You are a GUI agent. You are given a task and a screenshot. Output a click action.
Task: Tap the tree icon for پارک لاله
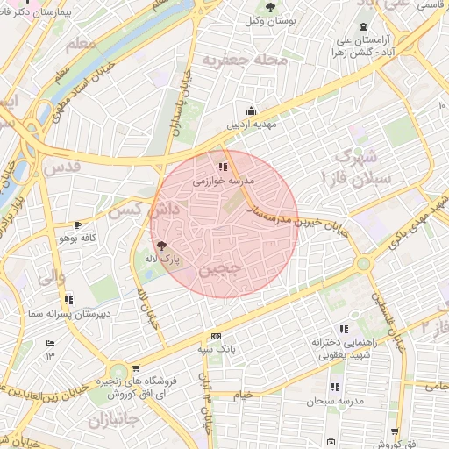coord(160,246)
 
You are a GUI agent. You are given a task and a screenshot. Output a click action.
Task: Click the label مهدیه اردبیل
coord(252,124)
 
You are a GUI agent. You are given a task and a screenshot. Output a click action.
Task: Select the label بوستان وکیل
coord(268,19)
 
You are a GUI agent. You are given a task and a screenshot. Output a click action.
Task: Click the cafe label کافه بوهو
coord(76,238)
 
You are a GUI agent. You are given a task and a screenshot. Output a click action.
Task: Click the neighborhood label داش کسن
coord(132,210)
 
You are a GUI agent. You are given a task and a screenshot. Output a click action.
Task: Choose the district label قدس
coord(61,166)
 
